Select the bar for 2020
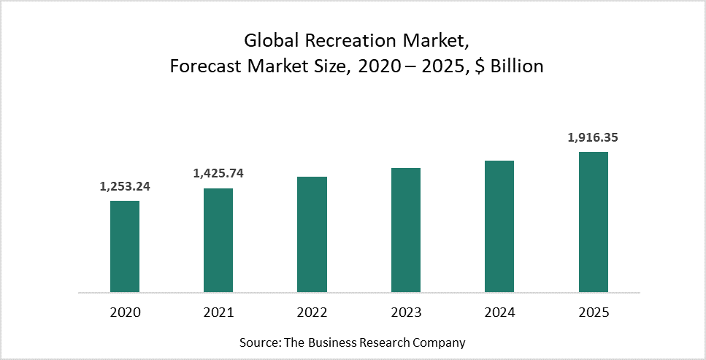[125, 246]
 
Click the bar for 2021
[218, 240]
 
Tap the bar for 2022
[312, 234]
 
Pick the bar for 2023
[406, 230]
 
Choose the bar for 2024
[499, 226]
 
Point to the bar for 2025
[594, 222]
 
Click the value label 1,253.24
[125, 186]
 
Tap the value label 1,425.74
[218, 174]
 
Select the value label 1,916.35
[594, 137]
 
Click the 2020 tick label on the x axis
[125, 313]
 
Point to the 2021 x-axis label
[218, 313]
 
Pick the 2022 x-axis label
[312, 313]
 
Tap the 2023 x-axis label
[406, 313]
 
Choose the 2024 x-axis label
[499, 313]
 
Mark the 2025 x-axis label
[594, 313]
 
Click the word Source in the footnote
[256, 342]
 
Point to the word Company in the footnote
[439, 342]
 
